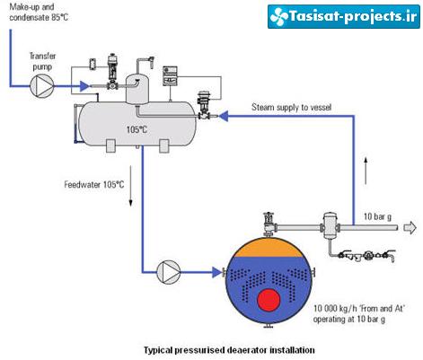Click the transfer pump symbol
42,86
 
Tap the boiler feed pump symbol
168,272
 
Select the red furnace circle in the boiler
269,300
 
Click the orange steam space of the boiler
269,248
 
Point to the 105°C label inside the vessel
137,129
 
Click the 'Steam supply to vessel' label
291,107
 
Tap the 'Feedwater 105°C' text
94,184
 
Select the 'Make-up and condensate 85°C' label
39,12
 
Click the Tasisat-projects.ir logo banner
344,16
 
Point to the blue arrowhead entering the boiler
216,272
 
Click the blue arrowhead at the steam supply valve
224,116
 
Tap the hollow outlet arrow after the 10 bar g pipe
410,228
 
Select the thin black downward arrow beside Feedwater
130,186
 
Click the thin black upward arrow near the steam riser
366,170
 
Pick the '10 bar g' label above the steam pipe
377,216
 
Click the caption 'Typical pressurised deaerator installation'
229,350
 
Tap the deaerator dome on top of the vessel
137,89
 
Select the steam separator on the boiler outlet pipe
330,226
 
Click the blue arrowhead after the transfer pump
84,86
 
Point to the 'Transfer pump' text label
42,61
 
